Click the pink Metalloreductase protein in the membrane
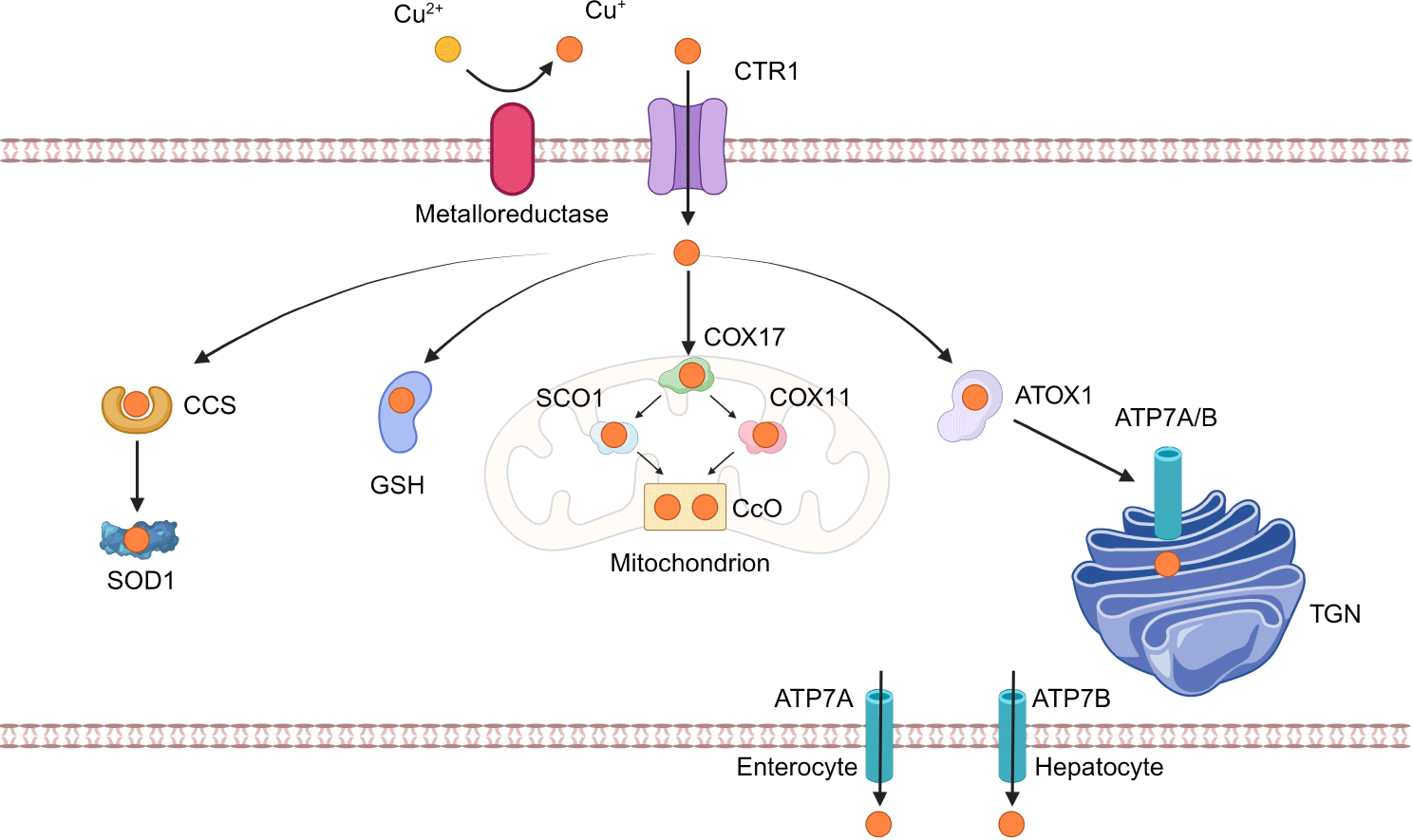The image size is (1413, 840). pos(512,149)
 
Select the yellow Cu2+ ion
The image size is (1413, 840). pos(447,48)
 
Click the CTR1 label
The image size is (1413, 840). pos(766,71)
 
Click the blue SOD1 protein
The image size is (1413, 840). pos(139,538)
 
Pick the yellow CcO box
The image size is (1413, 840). pos(685,507)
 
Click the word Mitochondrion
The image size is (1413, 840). pos(689,563)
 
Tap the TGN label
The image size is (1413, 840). pos(1335,614)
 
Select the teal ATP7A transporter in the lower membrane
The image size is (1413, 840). pos(878,736)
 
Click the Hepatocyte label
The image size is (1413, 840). pos(1099,767)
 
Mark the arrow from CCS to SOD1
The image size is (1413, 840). pos(137,476)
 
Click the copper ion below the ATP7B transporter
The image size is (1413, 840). pos(1011,824)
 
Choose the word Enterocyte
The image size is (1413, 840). pos(797,767)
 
